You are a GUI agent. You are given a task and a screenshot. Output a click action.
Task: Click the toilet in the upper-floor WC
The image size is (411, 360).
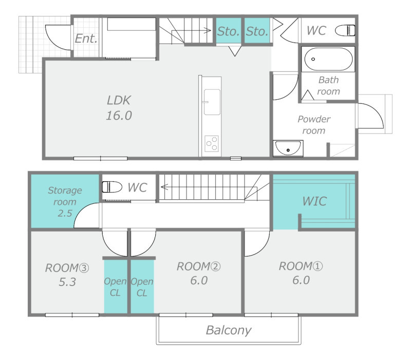pos(112,187)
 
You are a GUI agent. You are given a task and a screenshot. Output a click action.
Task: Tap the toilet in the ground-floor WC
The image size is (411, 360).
pos(345,30)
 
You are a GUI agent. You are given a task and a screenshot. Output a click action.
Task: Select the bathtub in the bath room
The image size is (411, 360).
pos(328,59)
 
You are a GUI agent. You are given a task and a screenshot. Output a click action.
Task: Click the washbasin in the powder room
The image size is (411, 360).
pos(288,148)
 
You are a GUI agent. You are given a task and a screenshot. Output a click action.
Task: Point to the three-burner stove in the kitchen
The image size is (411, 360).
pos(212,143)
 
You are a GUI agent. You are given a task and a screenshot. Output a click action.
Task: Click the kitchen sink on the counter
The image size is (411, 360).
pos(212,102)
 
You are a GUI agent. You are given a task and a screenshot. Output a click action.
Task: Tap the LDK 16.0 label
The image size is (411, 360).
pos(119,108)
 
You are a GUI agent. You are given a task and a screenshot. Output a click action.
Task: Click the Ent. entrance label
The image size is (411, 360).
pos(86,39)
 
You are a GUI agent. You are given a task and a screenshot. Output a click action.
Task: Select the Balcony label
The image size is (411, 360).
pos(229,330)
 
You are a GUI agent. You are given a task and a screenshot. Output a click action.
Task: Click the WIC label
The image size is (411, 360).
pos(314,201)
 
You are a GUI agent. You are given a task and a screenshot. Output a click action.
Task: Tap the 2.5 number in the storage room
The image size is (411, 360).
pos(65,213)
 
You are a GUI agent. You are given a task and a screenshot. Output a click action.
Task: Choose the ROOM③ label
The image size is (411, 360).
pos(67,268)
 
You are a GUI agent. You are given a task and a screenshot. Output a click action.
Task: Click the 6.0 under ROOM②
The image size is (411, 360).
pos(199,280)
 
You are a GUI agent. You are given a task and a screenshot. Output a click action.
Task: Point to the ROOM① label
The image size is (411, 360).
pos(301,266)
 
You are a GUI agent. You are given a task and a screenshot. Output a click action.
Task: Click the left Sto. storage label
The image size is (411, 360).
pos(228,31)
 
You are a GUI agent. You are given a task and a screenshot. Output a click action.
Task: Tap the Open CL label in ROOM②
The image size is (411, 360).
pos(142,287)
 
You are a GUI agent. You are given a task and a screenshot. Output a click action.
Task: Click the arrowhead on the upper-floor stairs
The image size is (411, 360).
pos(164,187)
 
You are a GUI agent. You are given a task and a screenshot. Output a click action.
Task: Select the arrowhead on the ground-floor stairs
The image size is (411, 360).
pos(208,30)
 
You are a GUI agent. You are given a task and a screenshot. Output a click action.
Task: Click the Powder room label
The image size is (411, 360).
pos(314,125)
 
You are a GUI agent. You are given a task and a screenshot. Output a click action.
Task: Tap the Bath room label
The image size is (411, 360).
pos(328,85)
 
